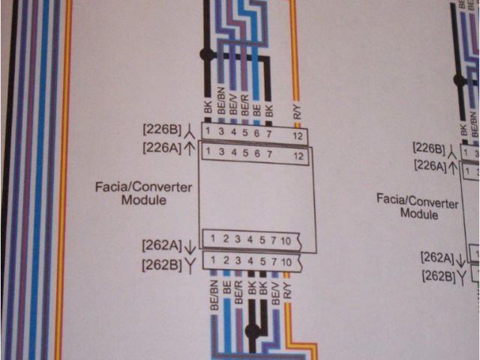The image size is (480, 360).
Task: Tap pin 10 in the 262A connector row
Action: click(286, 240)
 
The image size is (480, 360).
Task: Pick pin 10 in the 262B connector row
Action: click(286, 262)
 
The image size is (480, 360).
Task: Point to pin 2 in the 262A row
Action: click(226, 240)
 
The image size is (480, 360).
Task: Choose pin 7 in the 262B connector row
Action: click(274, 262)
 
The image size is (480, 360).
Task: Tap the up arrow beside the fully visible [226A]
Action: click(190, 148)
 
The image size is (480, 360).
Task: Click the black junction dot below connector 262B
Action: click(253, 330)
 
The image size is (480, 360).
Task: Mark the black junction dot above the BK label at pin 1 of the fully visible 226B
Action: click(205, 55)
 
